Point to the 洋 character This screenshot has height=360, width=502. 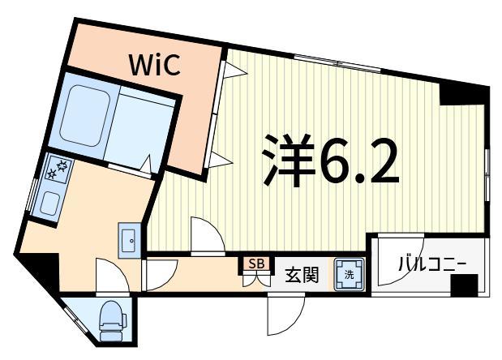click(x=286, y=160)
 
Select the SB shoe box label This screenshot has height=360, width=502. click(x=256, y=264)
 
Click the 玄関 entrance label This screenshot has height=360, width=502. click(x=301, y=276)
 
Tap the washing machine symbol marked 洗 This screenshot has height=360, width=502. click(x=350, y=275)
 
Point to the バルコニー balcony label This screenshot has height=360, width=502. click(x=431, y=264)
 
